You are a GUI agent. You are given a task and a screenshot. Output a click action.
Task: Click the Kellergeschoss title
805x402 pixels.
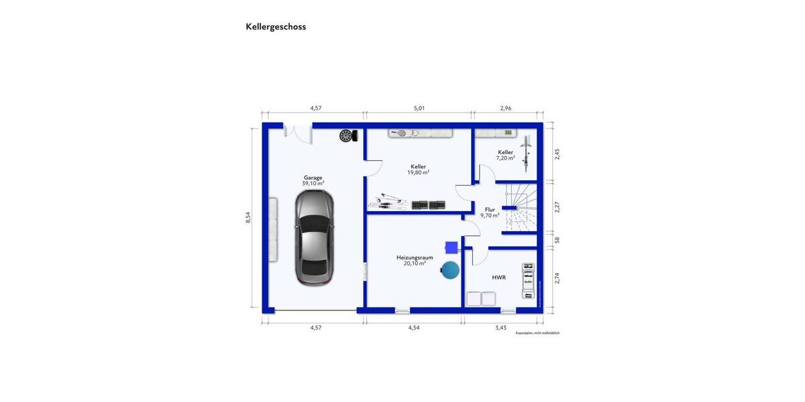pyautogui.click(x=276, y=27)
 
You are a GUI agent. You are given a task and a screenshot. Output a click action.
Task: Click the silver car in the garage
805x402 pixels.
pyautogui.click(x=315, y=237)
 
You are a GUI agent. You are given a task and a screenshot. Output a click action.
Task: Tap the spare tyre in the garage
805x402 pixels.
pyautogui.click(x=346, y=135)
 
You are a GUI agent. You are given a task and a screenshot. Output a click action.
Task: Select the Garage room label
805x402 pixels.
pyautogui.click(x=313, y=178)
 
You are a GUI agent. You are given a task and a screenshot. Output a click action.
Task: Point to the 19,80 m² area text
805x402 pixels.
pyautogui.click(x=418, y=172)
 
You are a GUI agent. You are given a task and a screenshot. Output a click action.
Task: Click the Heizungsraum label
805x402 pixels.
pyautogui.click(x=415, y=257)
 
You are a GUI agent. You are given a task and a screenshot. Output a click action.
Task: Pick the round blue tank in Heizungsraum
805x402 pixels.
pyautogui.click(x=450, y=270)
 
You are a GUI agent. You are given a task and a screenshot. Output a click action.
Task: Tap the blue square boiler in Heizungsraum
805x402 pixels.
pyautogui.click(x=451, y=247)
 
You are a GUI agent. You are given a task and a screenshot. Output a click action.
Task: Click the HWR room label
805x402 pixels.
pyautogui.click(x=498, y=277)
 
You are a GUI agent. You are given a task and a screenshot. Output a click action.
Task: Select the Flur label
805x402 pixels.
pyautogui.click(x=490, y=210)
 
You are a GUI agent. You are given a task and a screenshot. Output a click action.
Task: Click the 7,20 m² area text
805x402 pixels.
pyautogui.click(x=505, y=158)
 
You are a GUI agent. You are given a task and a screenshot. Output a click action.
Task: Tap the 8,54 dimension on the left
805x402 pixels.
pyautogui.click(x=248, y=217)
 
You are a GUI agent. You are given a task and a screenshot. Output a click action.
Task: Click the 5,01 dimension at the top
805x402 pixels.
pyautogui.click(x=419, y=108)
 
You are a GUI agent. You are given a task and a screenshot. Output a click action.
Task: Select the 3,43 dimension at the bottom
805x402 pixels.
pyautogui.click(x=500, y=328)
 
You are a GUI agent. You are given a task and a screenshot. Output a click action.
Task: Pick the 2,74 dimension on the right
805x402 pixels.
pyautogui.click(x=557, y=278)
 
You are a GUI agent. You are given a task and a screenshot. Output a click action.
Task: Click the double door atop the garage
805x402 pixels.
pyautogui.click(x=298, y=131)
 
